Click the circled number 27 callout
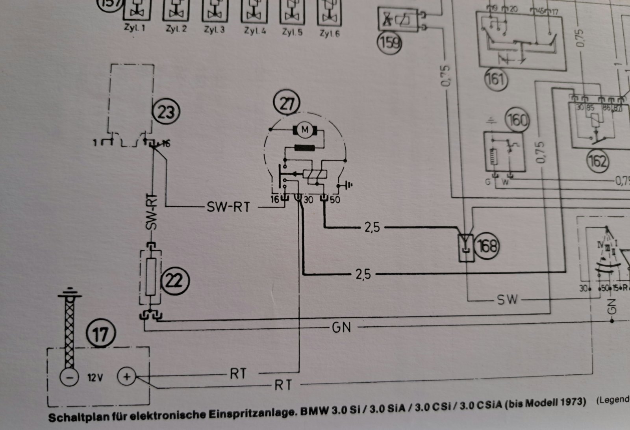point(287,103)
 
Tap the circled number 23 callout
point(166,112)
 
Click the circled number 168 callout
point(487,247)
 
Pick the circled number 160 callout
point(517,120)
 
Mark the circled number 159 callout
point(389,43)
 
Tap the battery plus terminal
point(127,377)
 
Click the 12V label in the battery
point(94,378)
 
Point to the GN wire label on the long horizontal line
point(341,327)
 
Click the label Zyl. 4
point(254,31)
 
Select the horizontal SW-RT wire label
point(228,207)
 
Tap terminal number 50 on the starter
point(335,200)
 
